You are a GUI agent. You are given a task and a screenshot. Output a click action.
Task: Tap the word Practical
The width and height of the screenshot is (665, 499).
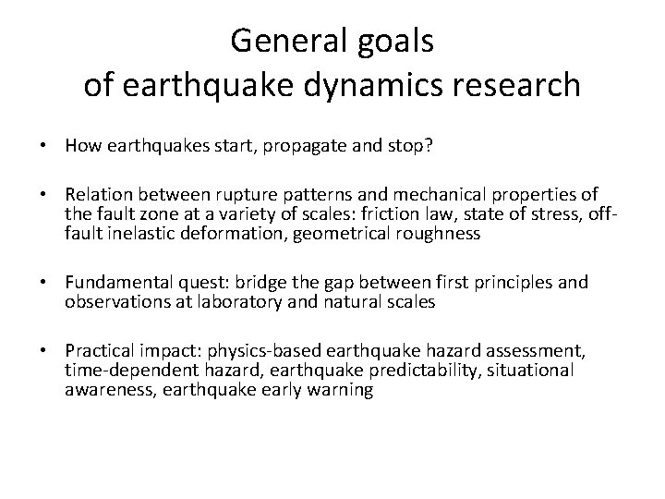97,349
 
